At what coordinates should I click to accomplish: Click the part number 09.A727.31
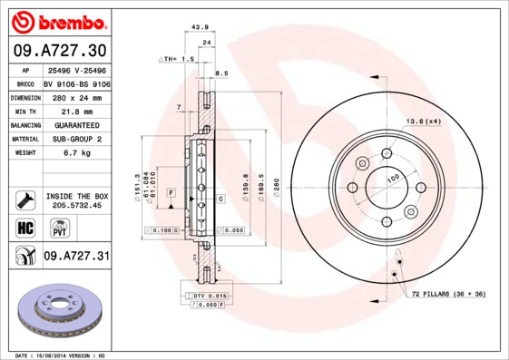pos(76,257)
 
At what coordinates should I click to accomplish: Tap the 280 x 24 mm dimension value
pos(75,95)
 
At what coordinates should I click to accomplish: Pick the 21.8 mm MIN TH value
pos(75,110)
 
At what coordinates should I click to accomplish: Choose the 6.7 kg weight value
pos(75,153)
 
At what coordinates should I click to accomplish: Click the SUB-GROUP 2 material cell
pos(75,139)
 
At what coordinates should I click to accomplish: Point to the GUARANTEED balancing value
pos(75,124)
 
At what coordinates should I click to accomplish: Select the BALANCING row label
pos(25,124)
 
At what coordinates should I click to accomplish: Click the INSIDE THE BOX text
pos(77,196)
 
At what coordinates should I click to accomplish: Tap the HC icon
pos(25,227)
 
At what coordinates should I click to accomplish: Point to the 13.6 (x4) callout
pos(424,121)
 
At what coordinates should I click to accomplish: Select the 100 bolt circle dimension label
pos(393,180)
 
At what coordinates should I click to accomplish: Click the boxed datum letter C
pos(220,198)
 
